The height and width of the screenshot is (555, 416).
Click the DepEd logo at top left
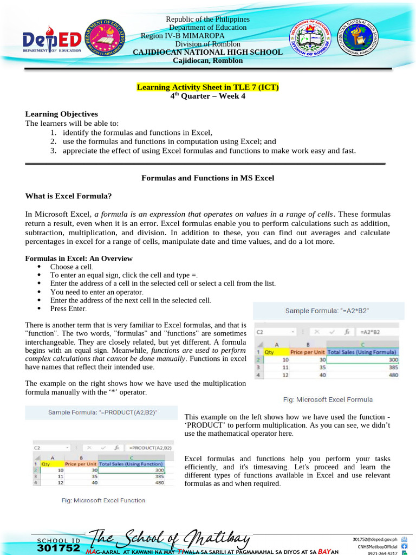(51, 39)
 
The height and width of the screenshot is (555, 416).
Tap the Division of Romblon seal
(310, 39)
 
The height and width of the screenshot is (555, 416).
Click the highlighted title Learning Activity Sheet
(207, 87)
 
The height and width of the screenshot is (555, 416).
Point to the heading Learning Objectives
(62, 114)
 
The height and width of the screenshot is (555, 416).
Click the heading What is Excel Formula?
(68, 196)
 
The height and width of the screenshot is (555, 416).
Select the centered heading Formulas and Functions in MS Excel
(207, 178)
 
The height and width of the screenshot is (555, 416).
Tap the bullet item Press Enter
(68, 308)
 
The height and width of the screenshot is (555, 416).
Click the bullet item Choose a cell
(71, 267)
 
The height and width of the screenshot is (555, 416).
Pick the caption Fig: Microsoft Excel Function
(103, 500)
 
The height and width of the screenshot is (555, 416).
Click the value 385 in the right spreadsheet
(390, 367)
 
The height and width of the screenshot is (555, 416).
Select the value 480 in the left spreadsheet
(157, 482)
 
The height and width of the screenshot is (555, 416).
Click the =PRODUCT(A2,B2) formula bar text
(151, 448)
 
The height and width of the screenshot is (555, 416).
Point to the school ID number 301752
(58, 548)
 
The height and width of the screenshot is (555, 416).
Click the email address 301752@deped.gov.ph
(375, 539)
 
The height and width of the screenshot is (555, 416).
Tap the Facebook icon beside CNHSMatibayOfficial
(404, 546)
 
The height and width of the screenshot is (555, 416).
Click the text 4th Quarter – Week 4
(207, 96)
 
